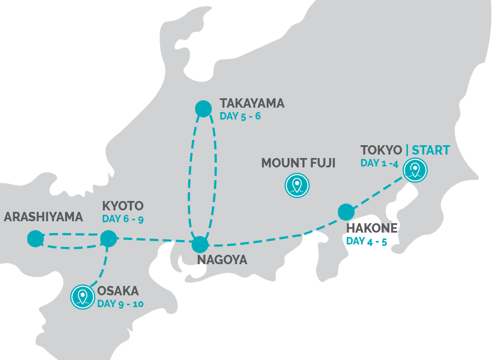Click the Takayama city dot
[x=203, y=109]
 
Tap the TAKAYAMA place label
[x=252, y=104]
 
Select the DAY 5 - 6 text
[x=240, y=117]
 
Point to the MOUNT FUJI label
[x=298, y=163]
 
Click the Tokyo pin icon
[x=415, y=170]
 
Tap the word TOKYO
[x=381, y=150]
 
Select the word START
[x=431, y=150]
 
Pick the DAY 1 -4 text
[x=379, y=163]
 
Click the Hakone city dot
[x=346, y=212]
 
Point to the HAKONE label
[x=372, y=228]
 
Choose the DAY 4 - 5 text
[x=366, y=241]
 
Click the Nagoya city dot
[x=200, y=244]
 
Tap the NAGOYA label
[x=222, y=260]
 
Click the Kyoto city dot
[x=108, y=239]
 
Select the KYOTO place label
[x=123, y=206]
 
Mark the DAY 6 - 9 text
[x=123, y=219]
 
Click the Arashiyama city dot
[x=35, y=239]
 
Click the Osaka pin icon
[x=82, y=297]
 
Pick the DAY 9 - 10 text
[x=120, y=303]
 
